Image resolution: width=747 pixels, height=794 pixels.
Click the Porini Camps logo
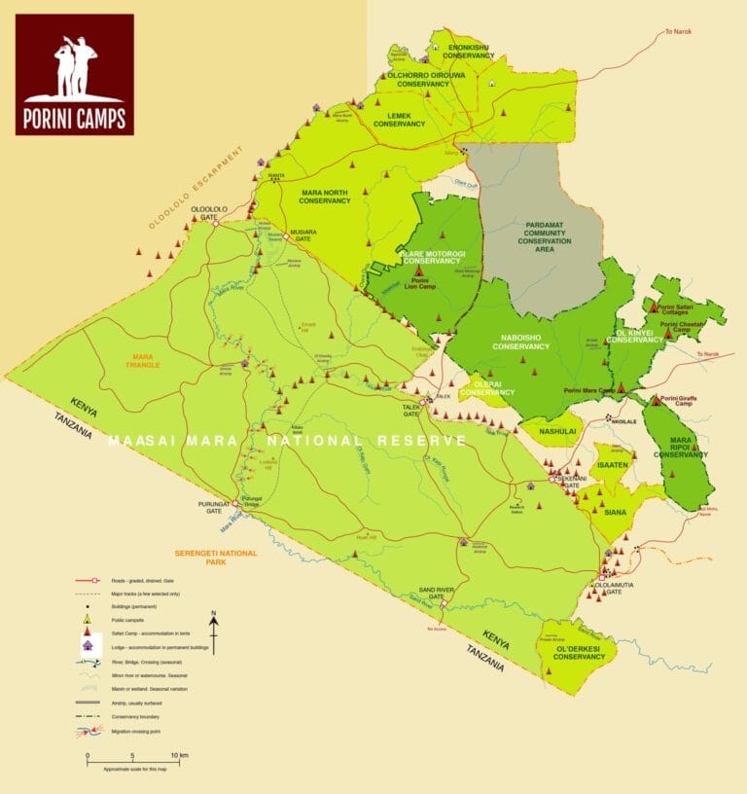point(74,74)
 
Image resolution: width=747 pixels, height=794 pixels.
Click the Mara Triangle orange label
point(142,360)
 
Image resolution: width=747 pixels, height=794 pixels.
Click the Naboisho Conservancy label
point(521,342)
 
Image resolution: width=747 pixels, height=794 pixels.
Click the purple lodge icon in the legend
point(87,645)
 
